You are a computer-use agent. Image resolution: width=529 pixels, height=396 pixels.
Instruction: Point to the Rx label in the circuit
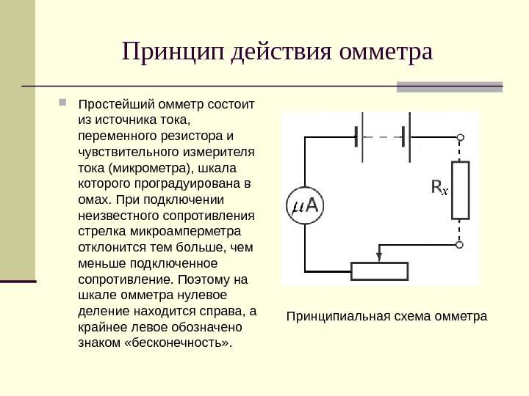439,189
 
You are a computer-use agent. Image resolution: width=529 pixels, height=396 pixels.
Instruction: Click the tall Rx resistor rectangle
460,190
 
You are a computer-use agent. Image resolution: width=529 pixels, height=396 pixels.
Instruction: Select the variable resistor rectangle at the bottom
379,271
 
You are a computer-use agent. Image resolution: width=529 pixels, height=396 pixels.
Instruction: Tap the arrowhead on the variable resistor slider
379,257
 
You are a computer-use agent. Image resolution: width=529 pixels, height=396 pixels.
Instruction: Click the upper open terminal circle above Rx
461,137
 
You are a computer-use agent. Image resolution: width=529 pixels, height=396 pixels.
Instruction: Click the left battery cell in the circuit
358,137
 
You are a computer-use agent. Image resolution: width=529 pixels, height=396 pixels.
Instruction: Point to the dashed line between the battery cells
381,137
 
